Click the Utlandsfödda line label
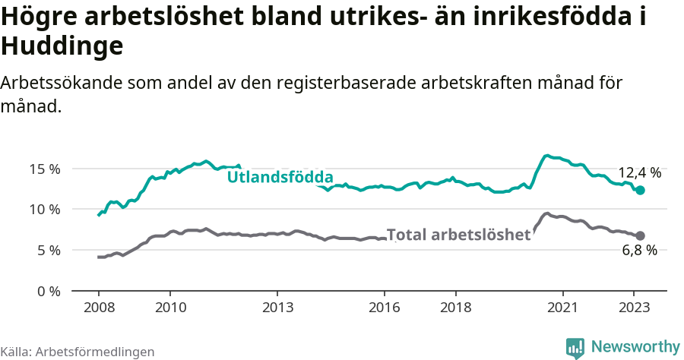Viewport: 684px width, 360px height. click(x=280, y=177)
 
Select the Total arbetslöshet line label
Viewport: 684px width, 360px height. click(x=458, y=235)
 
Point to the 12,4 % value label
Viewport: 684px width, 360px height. click(x=639, y=172)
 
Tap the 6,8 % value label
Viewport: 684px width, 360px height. click(x=639, y=251)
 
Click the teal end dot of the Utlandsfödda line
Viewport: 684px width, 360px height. click(x=640, y=190)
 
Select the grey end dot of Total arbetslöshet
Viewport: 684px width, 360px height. click(x=640, y=235)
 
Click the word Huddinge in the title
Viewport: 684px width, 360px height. click(x=62, y=47)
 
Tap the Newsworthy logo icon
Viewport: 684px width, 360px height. click(x=575, y=348)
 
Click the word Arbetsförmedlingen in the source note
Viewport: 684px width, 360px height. click(x=95, y=352)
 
